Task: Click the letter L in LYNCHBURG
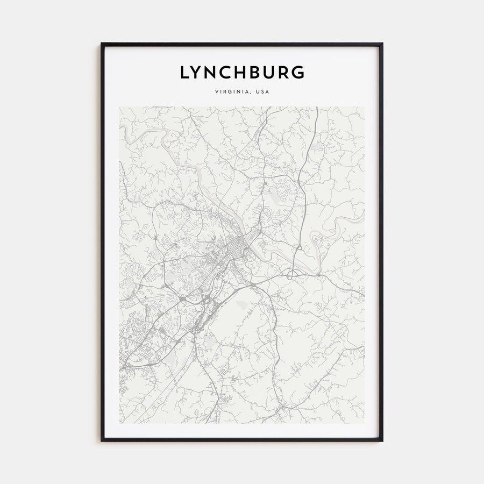[x=184, y=73]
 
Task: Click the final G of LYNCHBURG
[x=299, y=73]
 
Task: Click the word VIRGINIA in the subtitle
[x=233, y=92]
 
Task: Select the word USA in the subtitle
[x=263, y=92]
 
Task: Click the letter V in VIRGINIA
[x=216, y=92]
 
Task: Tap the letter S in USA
[x=263, y=92]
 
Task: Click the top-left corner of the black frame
[x=102, y=44]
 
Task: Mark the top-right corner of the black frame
[x=382, y=44]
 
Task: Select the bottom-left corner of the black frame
[x=102, y=441]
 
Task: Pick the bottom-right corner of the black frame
[x=382, y=441]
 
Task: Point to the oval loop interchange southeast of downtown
[x=293, y=275]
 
